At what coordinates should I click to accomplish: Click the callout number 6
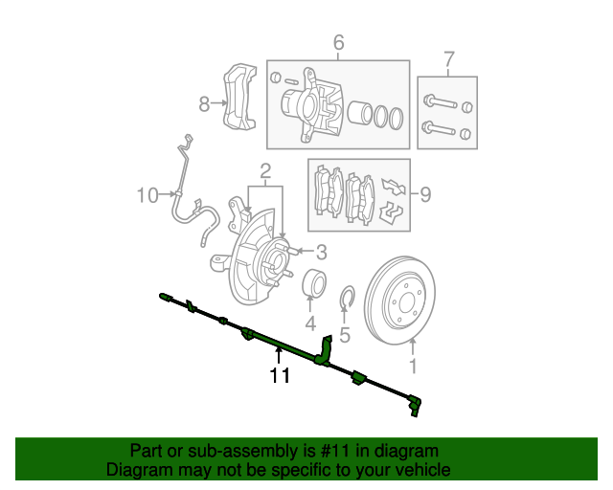coord(338,42)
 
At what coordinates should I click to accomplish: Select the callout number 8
coord(203,104)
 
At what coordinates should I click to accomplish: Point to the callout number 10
coord(147,196)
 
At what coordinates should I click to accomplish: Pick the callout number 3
coord(321,253)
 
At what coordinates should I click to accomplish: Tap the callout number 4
coord(310,324)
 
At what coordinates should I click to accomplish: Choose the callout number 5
coord(346,335)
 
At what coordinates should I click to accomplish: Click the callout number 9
coord(424,195)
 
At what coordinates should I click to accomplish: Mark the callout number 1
coord(413,366)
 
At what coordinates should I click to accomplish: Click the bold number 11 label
coord(279,376)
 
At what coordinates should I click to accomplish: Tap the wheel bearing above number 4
coord(315,285)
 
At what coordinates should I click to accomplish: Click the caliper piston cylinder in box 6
coord(360,114)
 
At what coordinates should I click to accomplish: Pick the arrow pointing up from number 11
coord(279,355)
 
